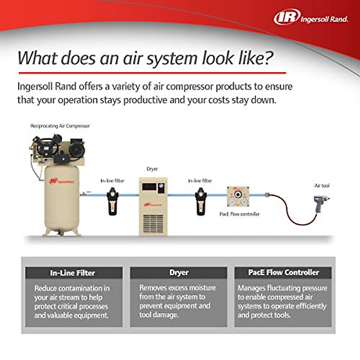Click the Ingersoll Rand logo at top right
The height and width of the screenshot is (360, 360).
311,17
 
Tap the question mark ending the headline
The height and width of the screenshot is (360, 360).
268,58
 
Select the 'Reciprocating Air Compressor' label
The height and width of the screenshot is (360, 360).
60,126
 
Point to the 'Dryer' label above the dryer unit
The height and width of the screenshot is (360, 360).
152,169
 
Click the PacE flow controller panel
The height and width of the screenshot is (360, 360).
238,197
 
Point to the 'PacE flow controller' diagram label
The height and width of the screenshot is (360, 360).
239,214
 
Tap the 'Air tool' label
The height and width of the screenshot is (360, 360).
322,186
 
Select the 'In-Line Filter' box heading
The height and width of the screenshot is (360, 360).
72,273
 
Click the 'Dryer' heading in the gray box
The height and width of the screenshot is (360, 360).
179,273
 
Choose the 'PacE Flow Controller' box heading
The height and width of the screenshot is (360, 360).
283,273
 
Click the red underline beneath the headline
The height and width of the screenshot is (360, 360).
152,73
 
